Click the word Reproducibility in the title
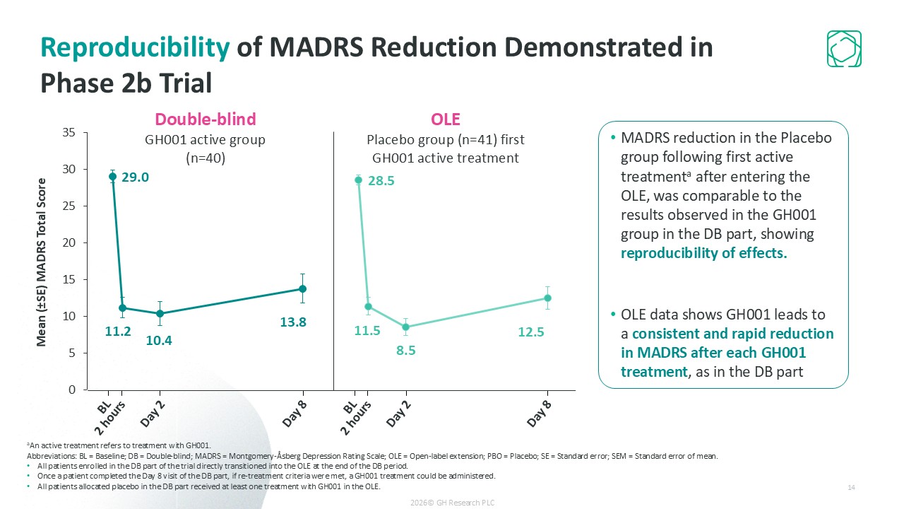click(x=135, y=47)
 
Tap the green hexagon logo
click(x=844, y=49)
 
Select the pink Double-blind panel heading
click(x=205, y=119)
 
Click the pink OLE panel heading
click(x=445, y=119)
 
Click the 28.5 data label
click(x=381, y=181)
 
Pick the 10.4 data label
click(x=159, y=341)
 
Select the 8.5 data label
click(x=405, y=349)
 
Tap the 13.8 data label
click(x=292, y=322)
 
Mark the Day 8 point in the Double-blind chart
click(x=302, y=288)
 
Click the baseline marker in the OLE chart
click(x=358, y=180)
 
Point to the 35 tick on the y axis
click(x=70, y=132)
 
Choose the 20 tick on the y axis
click(x=70, y=242)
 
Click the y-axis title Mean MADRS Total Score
click(x=42, y=262)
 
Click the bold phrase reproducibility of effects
click(x=703, y=253)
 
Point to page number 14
click(x=851, y=488)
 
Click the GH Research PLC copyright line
click(x=452, y=502)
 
